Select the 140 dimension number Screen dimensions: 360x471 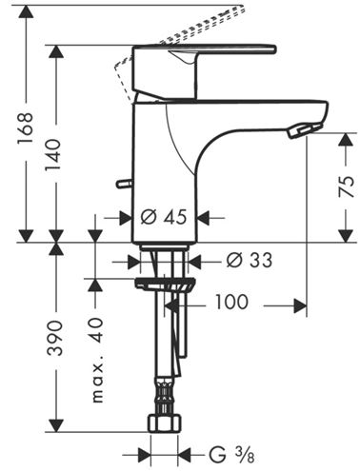[52, 155]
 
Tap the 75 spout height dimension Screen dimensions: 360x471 [346, 186]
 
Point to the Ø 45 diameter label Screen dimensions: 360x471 [164, 218]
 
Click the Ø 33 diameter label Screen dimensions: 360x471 [250, 261]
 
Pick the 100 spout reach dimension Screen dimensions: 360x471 [231, 302]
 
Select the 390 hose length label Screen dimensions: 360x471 [54, 338]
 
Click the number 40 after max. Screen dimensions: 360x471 [96, 330]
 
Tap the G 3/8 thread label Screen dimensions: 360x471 [231, 455]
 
